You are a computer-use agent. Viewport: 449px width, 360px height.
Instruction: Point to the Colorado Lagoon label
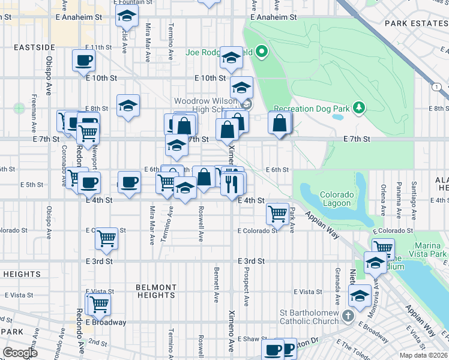coord(335,199)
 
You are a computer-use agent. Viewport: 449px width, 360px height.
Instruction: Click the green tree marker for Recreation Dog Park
coord(359,107)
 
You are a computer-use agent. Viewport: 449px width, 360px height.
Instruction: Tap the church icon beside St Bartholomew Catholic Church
coord(348,316)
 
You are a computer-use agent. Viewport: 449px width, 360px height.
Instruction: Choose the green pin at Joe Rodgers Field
coord(261,52)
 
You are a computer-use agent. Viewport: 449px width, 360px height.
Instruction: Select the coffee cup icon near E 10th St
coord(83,60)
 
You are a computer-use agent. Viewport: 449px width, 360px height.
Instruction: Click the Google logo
coord(20,353)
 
